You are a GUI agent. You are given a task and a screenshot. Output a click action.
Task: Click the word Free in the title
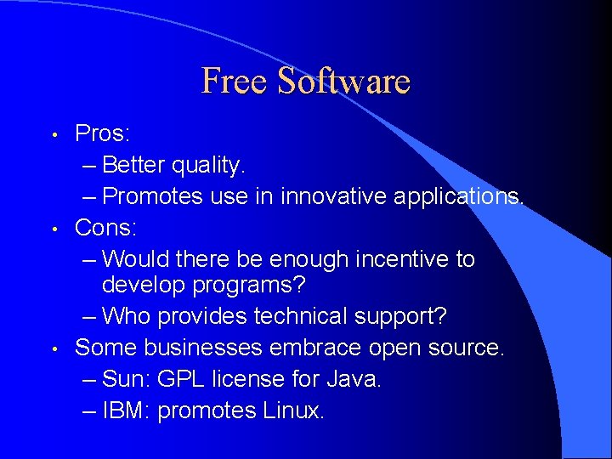pos(236,82)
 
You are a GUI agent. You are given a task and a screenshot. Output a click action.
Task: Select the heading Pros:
pos(102,133)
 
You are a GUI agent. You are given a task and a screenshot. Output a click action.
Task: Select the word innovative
pos(336,196)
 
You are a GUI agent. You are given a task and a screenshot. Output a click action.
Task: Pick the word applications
pos(460,196)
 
